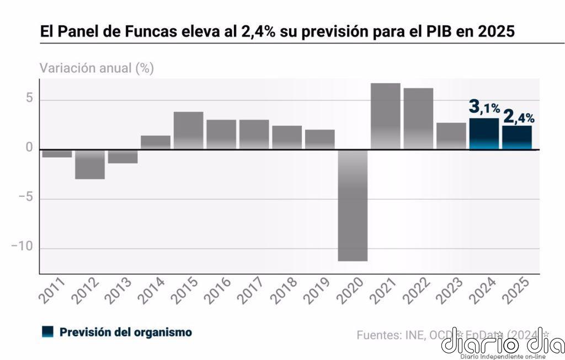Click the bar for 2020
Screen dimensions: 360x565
353,205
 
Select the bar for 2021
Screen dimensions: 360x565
385,116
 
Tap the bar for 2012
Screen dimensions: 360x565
90,164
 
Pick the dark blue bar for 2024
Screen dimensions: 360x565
484,134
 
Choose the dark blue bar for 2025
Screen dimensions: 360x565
517,138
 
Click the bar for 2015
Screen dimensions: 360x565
189,131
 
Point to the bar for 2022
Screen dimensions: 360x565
418,119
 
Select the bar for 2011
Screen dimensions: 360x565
57,153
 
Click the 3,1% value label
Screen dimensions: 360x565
484,107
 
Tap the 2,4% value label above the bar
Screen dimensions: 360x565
519,116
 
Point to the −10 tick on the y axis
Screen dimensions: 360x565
22,247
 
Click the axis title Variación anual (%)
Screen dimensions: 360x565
97,68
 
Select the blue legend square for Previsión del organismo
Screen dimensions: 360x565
47,332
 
